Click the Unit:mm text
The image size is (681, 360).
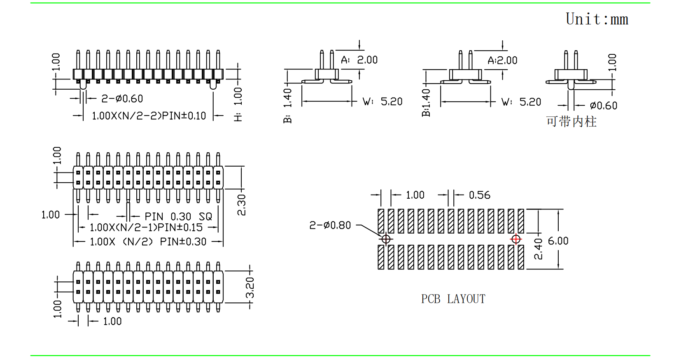pyautogui.click(x=597, y=19)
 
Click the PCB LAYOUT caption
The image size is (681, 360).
pyautogui.click(x=453, y=299)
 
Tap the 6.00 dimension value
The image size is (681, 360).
pyautogui.click(x=558, y=241)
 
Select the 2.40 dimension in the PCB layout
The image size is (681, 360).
pyautogui.click(x=538, y=249)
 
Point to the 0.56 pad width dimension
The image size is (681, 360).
pyautogui.click(x=479, y=195)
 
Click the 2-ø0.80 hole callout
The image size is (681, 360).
pyautogui.click(x=330, y=225)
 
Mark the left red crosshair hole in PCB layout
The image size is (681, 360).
pyautogui.click(x=386, y=239)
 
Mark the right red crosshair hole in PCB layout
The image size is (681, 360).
pyautogui.click(x=516, y=239)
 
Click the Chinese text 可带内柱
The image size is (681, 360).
pyautogui.click(x=571, y=122)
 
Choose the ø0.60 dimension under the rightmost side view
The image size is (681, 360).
pyautogui.click(x=603, y=106)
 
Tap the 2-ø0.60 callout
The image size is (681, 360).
pyautogui.click(x=122, y=99)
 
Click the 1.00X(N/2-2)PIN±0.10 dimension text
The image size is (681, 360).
pyautogui.click(x=149, y=116)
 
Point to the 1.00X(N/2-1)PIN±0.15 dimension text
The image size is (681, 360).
pyautogui.click(x=146, y=228)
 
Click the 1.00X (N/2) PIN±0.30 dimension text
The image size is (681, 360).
pyautogui.click(x=148, y=242)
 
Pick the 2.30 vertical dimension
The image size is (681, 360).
pyautogui.click(x=241, y=205)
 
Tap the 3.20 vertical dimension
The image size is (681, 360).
pyautogui.click(x=250, y=287)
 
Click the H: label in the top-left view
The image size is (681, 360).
pyautogui.click(x=238, y=117)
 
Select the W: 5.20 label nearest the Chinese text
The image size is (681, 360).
pyautogui.click(x=521, y=102)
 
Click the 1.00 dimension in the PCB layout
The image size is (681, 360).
pyautogui.click(x=415, y=195)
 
